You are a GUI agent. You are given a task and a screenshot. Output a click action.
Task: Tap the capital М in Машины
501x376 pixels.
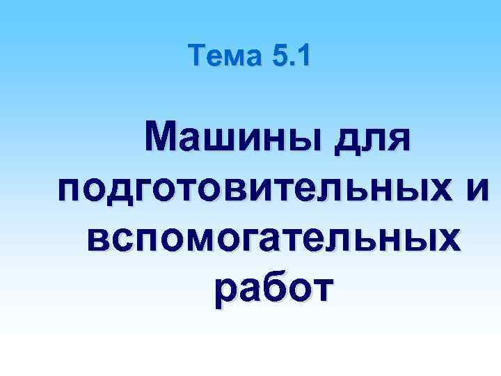point(162,133)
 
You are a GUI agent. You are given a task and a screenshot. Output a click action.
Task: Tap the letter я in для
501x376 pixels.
point(397,136)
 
